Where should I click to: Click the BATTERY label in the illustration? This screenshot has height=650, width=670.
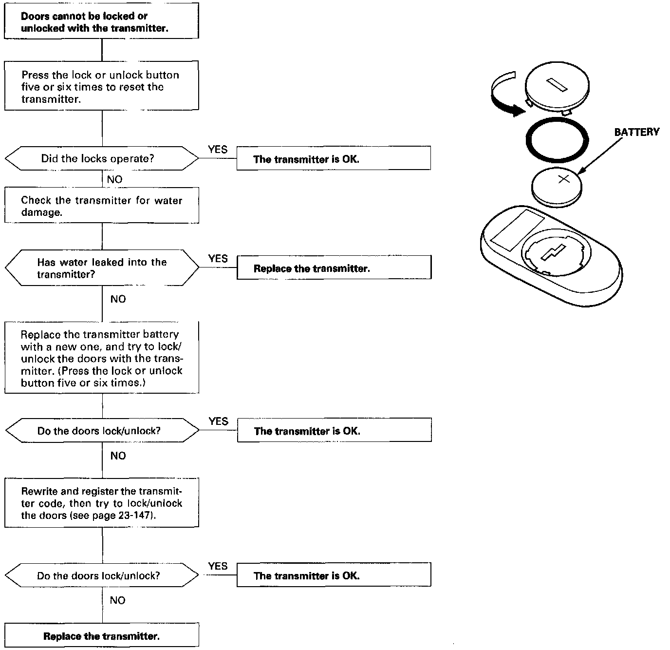(x=636, y=132)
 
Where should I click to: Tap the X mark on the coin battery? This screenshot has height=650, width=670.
(x=563, y=179)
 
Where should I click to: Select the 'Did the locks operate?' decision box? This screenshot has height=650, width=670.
(x=102, y=158)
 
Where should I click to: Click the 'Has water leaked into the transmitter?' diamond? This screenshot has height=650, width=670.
(x=102, y=268)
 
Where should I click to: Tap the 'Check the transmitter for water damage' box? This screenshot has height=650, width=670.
(x=102, y=206)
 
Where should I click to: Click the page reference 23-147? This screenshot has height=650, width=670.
(x=137, y=516)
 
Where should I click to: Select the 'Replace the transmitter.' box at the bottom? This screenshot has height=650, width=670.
(x=102, y=636)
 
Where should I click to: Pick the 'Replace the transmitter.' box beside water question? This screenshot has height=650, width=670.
(x=334, y=268)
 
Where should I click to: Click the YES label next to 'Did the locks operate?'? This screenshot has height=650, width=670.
(x=218, y=150)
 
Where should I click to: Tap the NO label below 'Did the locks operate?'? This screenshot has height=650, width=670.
(x=115, y=179)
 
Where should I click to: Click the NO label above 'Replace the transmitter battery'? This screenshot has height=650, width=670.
(x=118, y=299)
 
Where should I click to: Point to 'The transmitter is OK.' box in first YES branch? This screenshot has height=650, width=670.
(x=334, y=159)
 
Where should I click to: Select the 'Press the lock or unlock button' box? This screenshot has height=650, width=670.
(x=102, y=86)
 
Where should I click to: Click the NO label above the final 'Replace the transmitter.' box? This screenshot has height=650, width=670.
(x=118, y=600)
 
